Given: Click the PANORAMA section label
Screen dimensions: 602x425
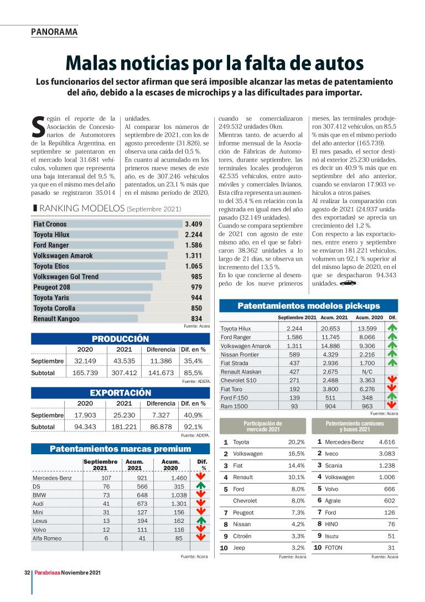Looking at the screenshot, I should [54, 32].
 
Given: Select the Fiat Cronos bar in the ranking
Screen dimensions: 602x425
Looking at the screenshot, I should [108, 224].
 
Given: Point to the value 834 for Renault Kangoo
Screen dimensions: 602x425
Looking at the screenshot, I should [196, 319].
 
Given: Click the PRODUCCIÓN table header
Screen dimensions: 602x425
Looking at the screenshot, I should [120, 339].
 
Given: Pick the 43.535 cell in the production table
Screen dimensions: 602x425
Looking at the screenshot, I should [124, 361].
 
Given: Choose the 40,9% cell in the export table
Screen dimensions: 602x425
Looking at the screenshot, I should [193, 415].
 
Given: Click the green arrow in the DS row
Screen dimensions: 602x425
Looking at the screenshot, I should [201, 486].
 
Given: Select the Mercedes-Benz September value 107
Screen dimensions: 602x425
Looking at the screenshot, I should [106, 477].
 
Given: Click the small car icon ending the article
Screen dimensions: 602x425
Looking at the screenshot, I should [348, 283].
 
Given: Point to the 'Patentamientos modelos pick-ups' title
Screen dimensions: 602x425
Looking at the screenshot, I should [309, 305].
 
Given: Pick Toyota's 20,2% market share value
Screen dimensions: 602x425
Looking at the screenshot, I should [296, 442].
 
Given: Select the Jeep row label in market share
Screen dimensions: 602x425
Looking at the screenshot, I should [239, 548].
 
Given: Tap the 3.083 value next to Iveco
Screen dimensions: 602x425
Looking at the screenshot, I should [386, 454].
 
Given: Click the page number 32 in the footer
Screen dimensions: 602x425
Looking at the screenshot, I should [26, 573].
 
